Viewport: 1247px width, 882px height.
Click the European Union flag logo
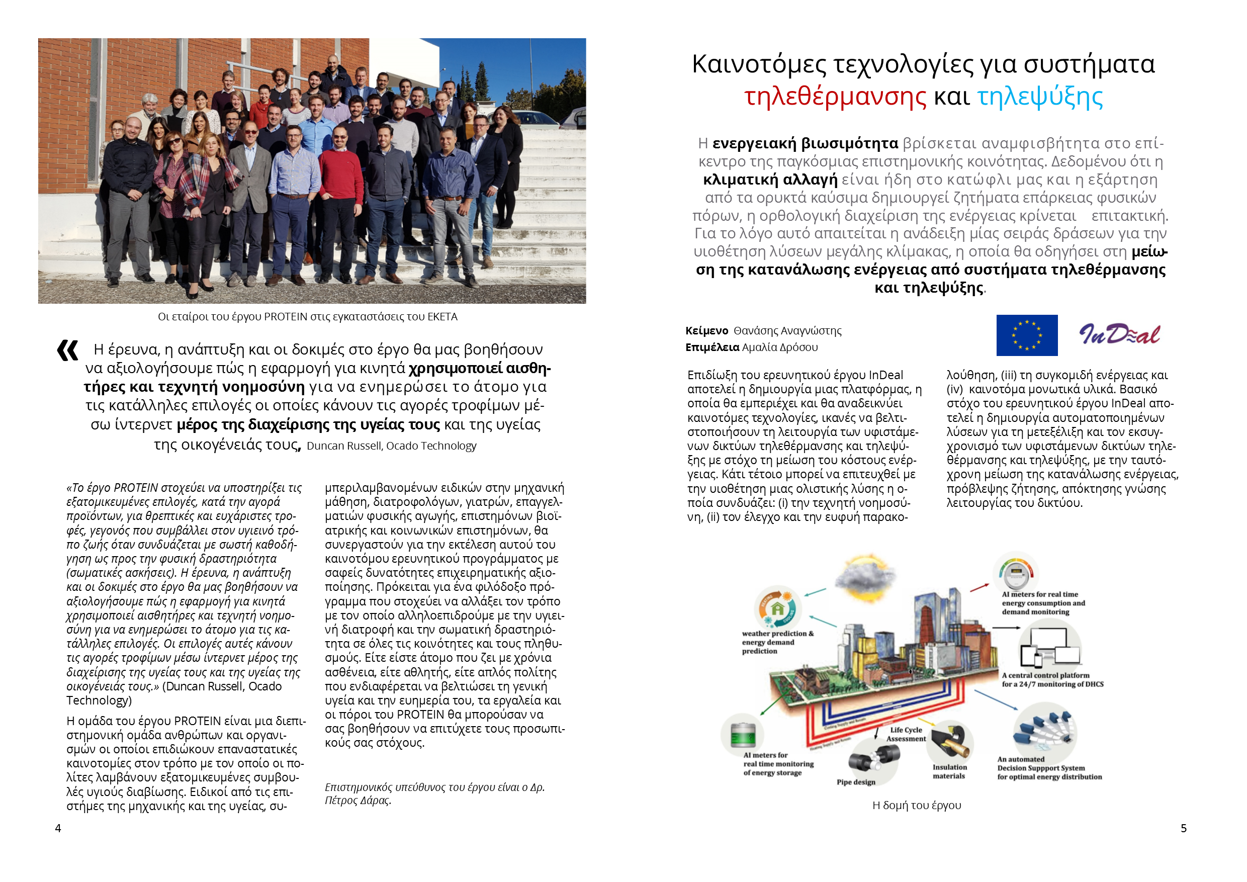click(x=1026, y=335)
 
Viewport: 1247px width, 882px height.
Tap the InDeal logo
click(x=1119, y=334)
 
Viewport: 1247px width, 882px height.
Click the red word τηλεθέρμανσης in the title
click(x=835, y=97)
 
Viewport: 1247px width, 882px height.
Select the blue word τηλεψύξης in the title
click(x=1040, y=97)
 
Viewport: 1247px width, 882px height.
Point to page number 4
click(x=58, y=828)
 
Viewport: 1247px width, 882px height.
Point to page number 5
click(x=1184, y=828)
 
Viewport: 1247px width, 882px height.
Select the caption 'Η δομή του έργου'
click(x=916, y=806)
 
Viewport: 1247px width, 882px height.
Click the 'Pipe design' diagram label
click(x=856, y=782)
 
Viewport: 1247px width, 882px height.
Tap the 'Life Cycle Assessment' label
click(x=906, y=734)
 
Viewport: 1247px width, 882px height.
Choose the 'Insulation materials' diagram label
click(x=949, y=772)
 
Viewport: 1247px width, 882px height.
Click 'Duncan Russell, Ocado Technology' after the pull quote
click(x=391, y=446)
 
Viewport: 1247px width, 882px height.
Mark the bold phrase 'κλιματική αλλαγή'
click(x=770, y=180)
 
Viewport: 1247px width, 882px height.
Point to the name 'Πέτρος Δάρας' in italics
click(x=358, y=801)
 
